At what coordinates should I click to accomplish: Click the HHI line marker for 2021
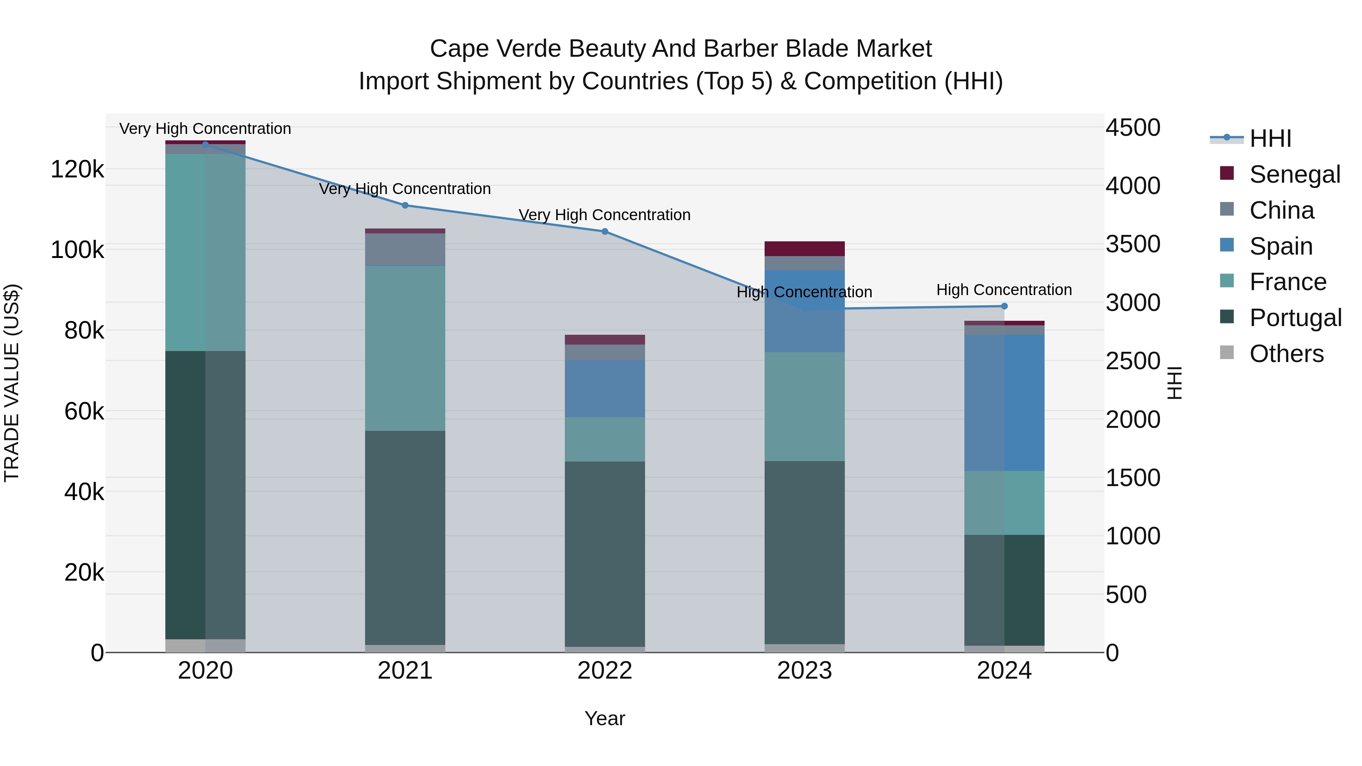405,205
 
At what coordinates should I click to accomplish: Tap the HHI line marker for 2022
605,232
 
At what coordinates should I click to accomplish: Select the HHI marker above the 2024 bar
1004,306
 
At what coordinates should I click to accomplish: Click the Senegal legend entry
1294,174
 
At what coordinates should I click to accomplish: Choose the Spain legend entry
1281,246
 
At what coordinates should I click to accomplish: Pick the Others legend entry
1286,354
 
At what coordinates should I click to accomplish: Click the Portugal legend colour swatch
1227,317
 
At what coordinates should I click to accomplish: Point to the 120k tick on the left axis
77,170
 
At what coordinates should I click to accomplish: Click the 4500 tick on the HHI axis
1132,128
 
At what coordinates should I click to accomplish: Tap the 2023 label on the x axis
804,671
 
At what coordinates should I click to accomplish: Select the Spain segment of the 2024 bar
1004,402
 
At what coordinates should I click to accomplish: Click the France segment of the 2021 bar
405,348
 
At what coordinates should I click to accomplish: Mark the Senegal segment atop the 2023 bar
804,249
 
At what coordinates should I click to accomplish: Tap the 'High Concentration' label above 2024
1004,290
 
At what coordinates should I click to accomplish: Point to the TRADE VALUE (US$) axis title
12,383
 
